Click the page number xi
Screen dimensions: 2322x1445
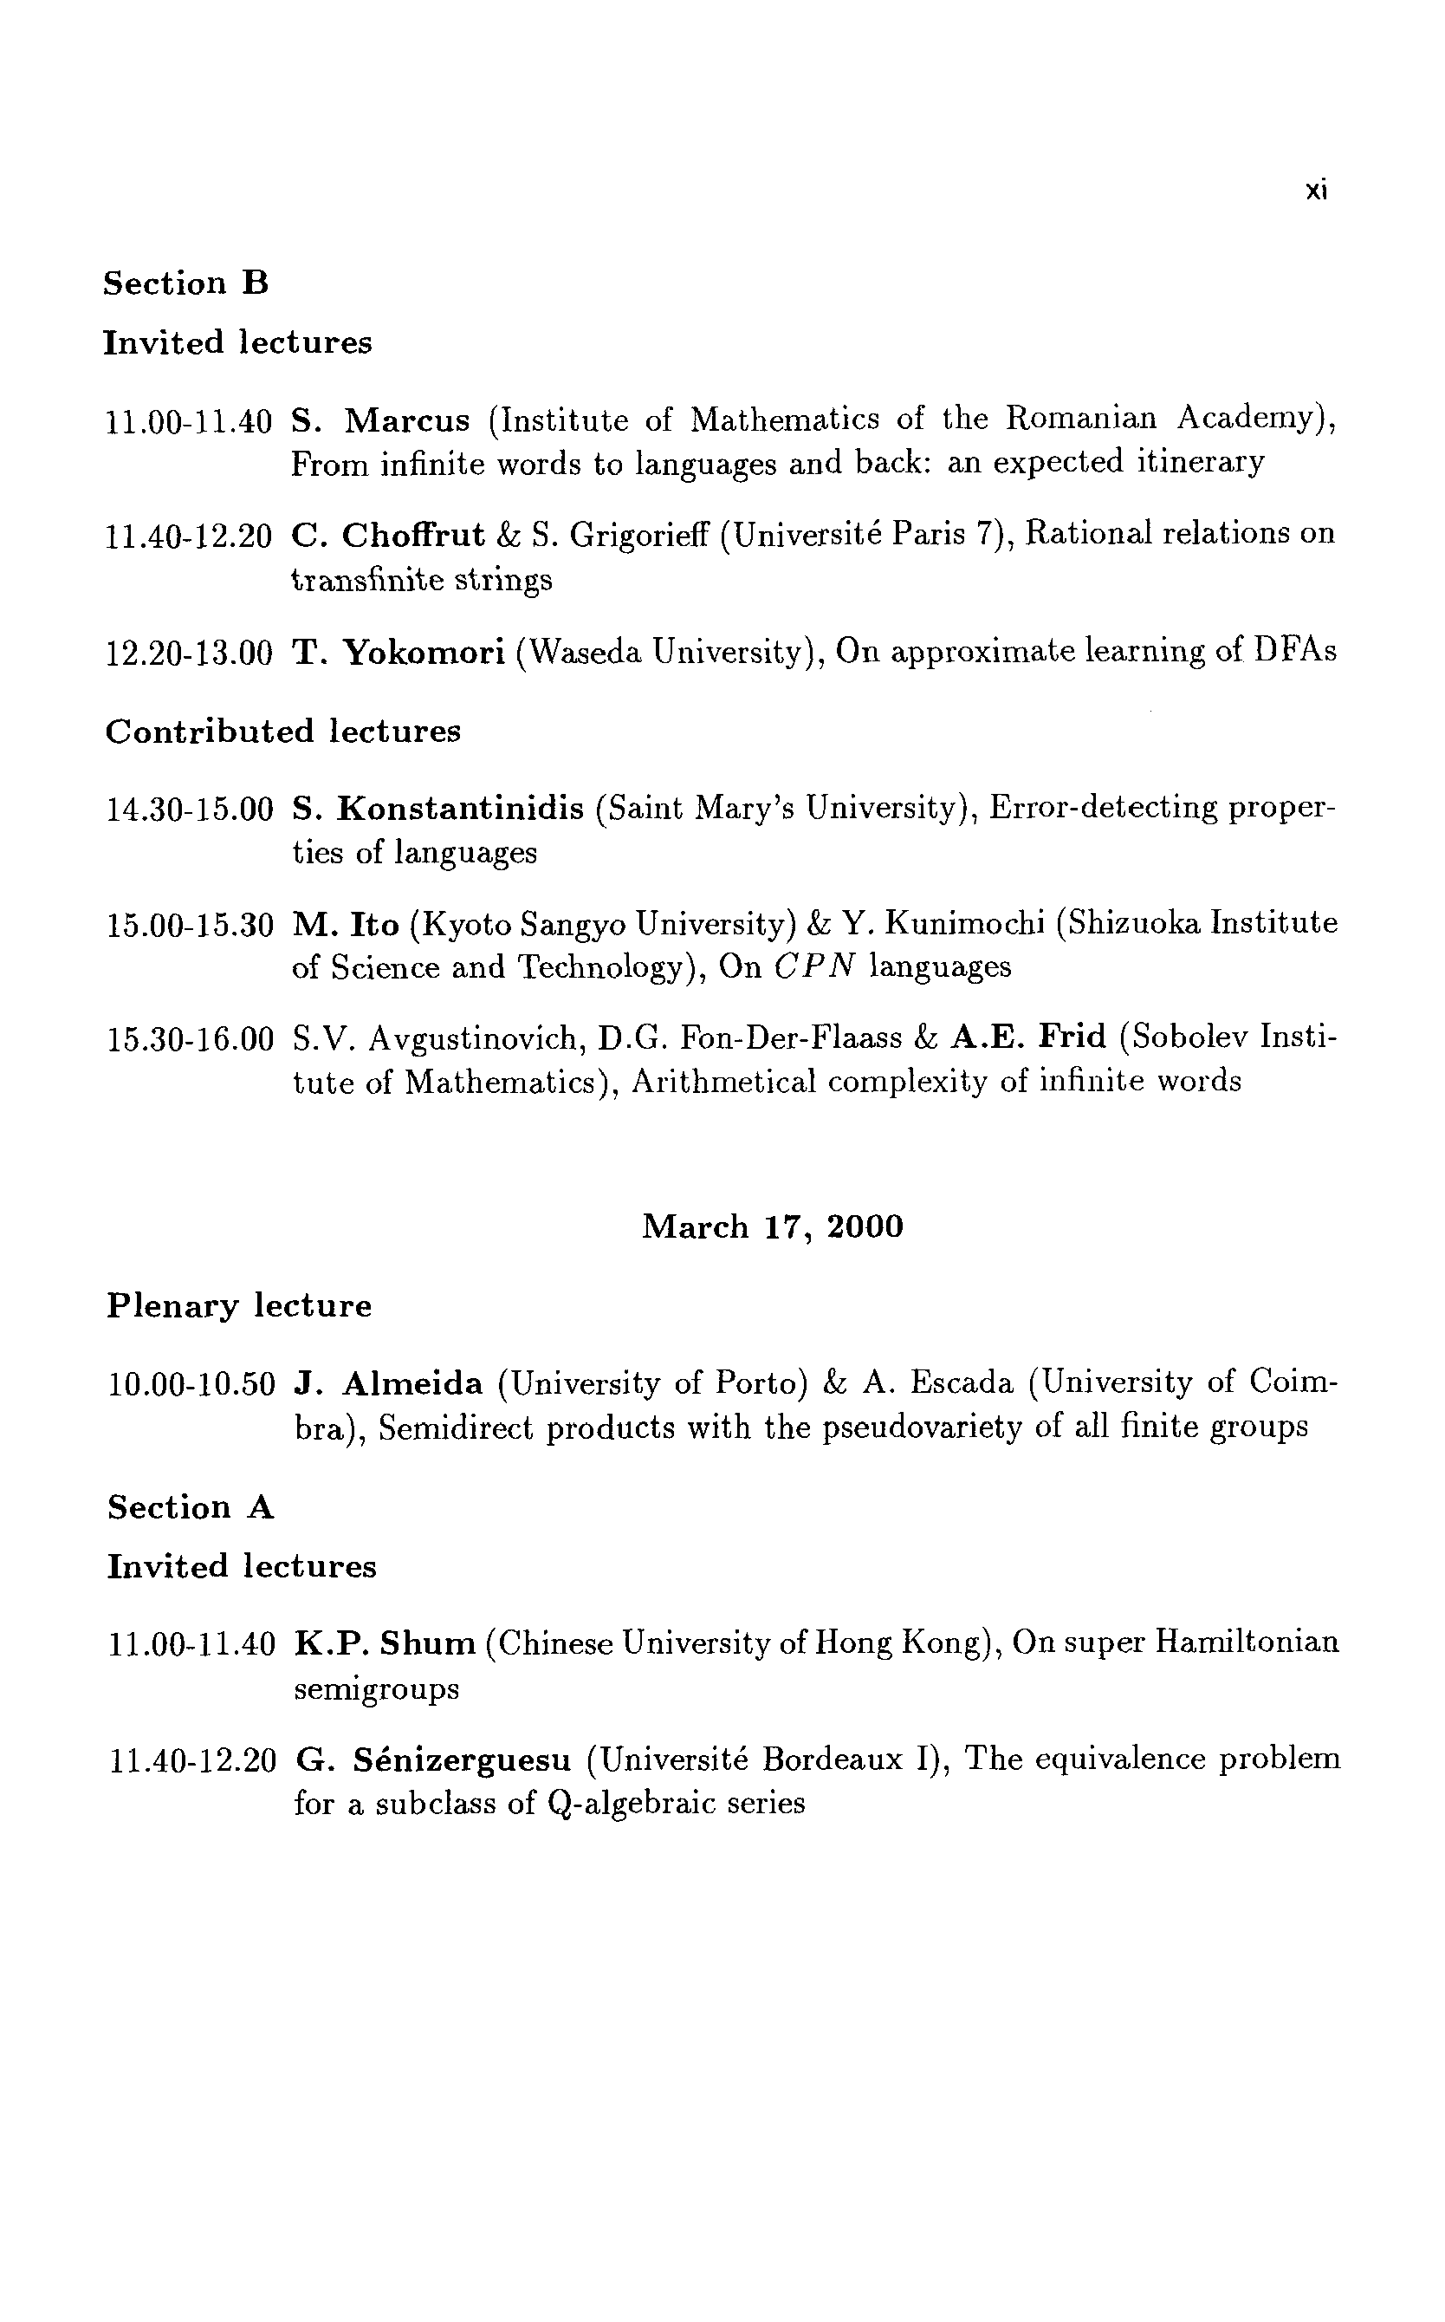click(x=1316, y=192)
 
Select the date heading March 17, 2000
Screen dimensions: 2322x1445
click(x=772, y=1226)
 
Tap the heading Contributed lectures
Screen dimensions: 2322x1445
click(x=283, y=732)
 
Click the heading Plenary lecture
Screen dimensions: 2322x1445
click(x=239, y=1306)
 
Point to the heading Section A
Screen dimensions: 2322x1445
click(x=191, y=1507)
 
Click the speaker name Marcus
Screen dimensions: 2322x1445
click(x=407, y=420)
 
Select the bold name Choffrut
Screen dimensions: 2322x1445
click(x=413, y=536)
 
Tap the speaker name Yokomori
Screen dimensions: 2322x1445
click(x=424, y=653)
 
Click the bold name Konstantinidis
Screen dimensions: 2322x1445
click(x=461, y=809)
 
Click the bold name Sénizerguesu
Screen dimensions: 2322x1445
click(x=462, y=1759)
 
